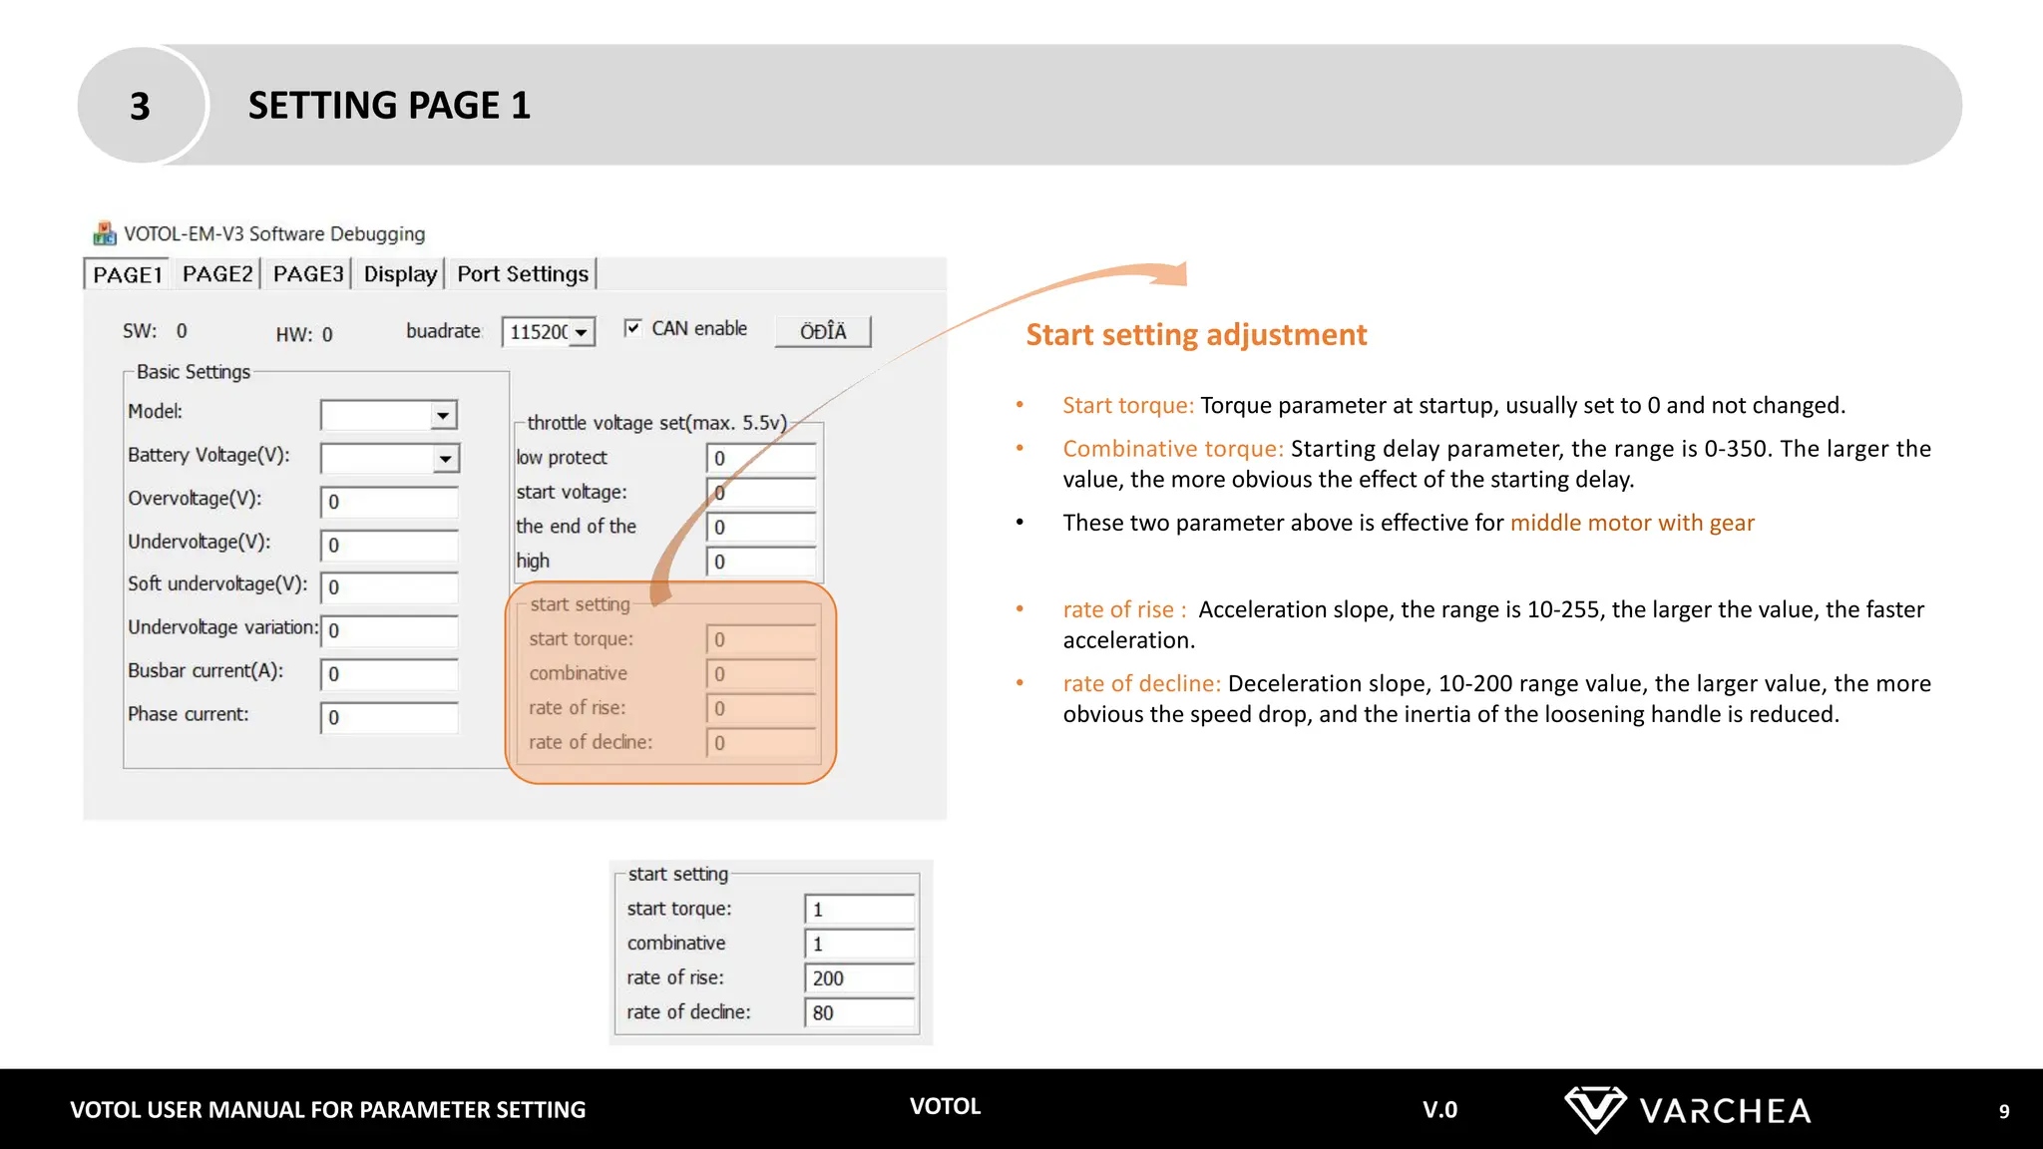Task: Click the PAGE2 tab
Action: (216, 274)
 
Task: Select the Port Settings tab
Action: (523, 274)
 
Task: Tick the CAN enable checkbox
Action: (632, 328)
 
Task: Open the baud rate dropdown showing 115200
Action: (581, 332)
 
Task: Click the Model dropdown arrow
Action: (443, 415)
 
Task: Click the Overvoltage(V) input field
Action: (389, 502)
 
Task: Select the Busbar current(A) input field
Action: (389, 674)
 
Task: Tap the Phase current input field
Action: (389, 717)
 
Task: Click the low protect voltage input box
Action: (761, 458)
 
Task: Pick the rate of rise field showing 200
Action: (859, 978)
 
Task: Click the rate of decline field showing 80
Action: (859, 1012)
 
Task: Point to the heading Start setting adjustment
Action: (1196, 334)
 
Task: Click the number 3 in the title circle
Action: (141, 106)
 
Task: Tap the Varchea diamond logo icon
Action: (1594, 1109)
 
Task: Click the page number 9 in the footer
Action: (2003, 1111)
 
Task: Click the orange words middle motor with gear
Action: (1631, 523)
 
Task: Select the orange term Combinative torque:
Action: (1173, 449)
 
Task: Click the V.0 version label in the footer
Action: (1439, 1110)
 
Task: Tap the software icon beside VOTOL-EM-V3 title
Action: (105, 233)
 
